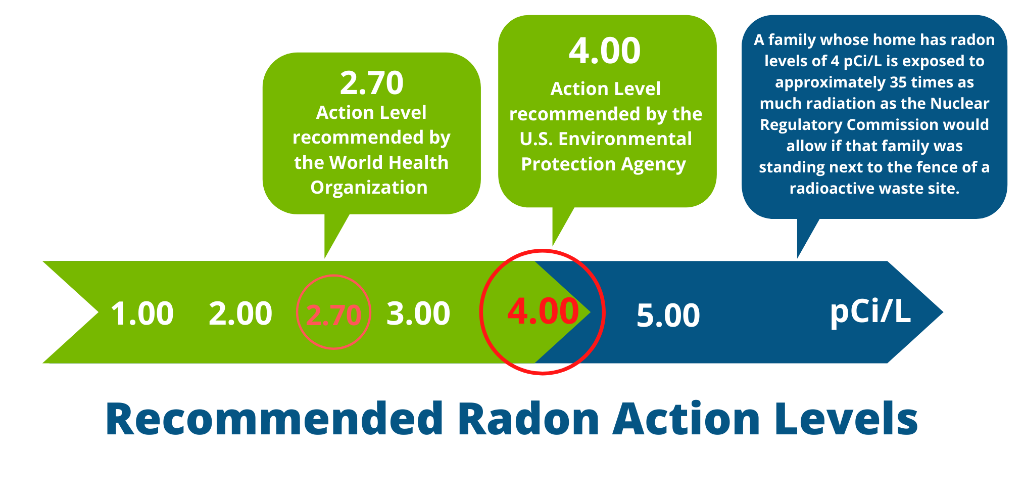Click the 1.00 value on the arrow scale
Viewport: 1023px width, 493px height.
pos(142,313)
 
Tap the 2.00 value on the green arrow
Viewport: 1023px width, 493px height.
pos(240,313)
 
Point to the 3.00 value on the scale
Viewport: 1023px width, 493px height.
pos(418,313)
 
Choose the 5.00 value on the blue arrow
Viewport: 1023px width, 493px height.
pos(668,316)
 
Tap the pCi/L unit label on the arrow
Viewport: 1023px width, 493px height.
pos(870,311)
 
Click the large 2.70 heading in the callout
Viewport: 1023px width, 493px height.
pos(372,83)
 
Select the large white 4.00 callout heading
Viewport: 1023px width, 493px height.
pos(605,51)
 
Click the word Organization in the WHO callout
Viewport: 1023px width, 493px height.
pos(369,188)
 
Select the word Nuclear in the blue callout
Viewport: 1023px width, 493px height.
pos(959,104)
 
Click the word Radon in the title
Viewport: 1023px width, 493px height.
pos(528,419)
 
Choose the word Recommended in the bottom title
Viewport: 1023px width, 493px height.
pos(274,419)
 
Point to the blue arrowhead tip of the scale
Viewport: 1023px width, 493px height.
pos(943,312)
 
